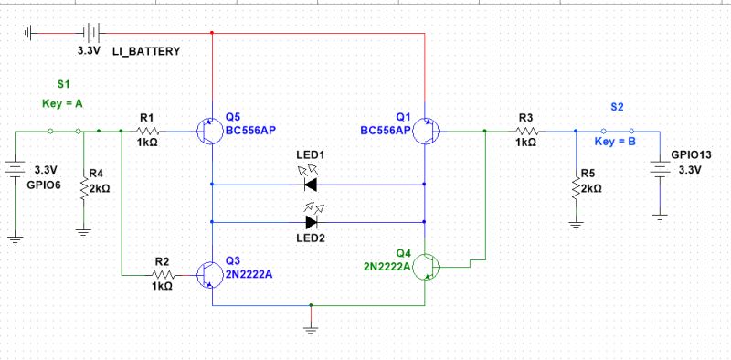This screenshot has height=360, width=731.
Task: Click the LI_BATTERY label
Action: click(x=146, y=51)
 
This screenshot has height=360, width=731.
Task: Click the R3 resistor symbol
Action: click(x=525, y=132)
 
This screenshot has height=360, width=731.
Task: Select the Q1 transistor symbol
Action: click(x=430, y=132)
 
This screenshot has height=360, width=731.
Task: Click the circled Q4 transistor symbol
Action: click(x=427, y=267)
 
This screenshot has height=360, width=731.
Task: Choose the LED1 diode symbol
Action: click(x=312, y=184)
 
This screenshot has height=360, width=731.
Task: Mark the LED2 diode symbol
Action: click(x=312, y=221)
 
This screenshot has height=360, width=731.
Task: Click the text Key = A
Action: click(x=62, y=104)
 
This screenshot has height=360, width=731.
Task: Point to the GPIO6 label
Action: click(x=42, y=184)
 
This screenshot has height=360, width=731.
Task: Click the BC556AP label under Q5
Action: click(x=251, y=131)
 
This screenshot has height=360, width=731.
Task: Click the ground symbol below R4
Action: click(x=83, y=231)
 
